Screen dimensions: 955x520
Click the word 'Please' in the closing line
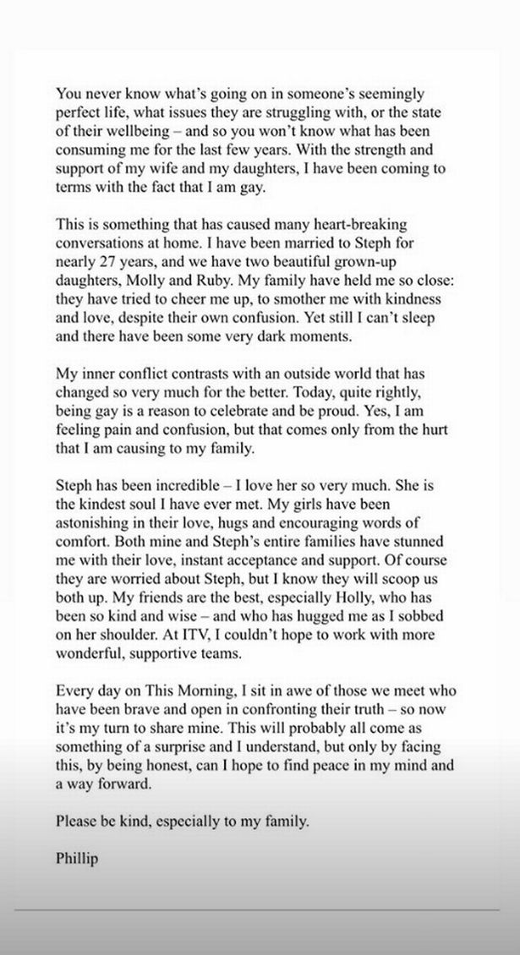[76, 821]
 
